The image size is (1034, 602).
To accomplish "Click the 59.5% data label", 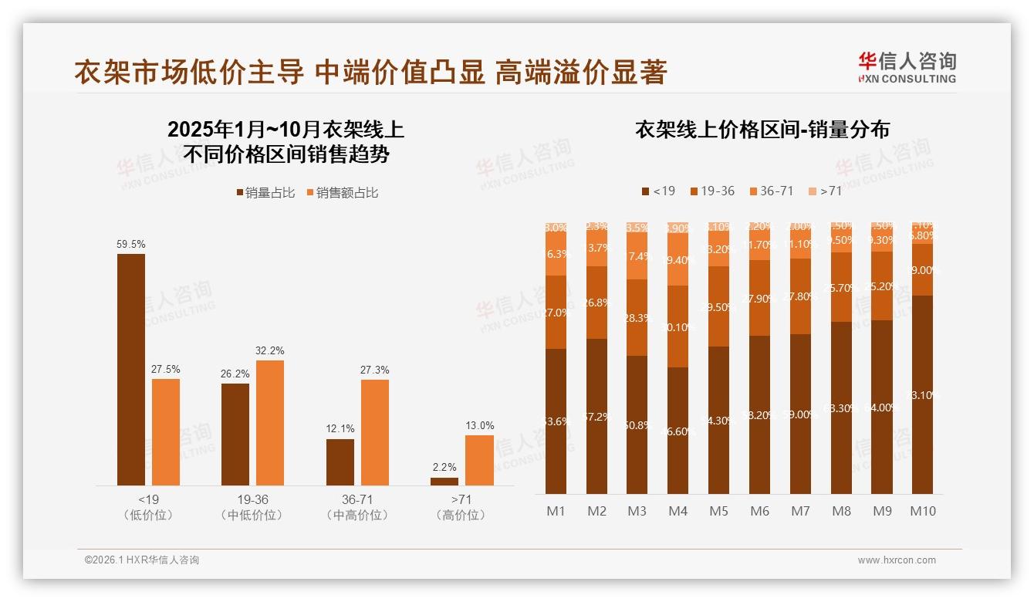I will click(x=131, y=245).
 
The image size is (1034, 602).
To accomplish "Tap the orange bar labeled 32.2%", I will click(x=270, y=422).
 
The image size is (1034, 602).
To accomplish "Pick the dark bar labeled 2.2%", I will click(x=444, y=482).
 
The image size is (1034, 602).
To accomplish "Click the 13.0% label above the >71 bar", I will click(x=479, y=426).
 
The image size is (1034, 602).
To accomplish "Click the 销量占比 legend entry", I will click(x=265, y=193).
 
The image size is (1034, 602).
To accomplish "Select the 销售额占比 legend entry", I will click(x=343, y=193).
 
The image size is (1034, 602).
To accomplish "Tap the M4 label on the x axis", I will click(x=678, y=511).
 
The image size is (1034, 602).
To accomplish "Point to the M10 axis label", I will click(x=922, y=511).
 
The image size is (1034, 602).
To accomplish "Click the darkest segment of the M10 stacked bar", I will click(x=922, y=394).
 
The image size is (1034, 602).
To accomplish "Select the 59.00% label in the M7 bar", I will click(x=800, y=414).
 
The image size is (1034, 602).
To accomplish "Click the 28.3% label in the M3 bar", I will click(x=637, y=318).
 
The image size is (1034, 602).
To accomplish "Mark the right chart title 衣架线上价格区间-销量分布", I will click(x=762, y=130).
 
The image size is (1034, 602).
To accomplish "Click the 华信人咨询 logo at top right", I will click(x=907, y=67).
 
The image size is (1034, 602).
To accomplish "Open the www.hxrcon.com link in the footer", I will click(x=897, y=560).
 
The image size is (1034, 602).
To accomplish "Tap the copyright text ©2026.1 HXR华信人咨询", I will click(x=142, y=560).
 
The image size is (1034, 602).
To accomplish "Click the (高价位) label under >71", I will click(x=461, y=515).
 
